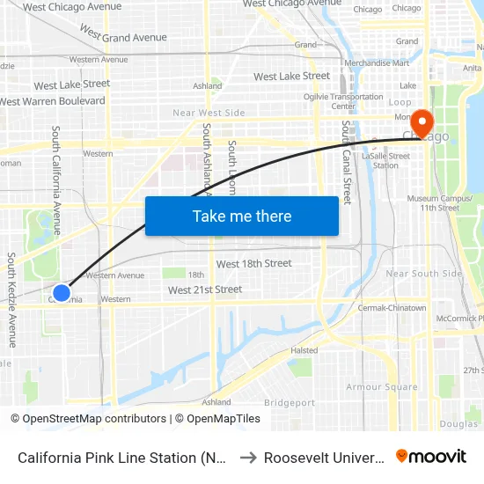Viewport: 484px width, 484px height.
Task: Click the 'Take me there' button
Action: coord(242,216)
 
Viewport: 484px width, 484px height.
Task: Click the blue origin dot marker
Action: coord(62,293)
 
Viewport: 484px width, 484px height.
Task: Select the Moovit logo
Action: coord(431,457)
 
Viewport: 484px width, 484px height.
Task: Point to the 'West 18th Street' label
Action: coord(253,264)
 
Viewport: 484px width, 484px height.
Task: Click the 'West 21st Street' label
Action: coord(204,290)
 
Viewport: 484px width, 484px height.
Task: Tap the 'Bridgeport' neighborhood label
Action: coord(289,403)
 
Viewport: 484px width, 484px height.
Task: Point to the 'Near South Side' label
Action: coord(424,274)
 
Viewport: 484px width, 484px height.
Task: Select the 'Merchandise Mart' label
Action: coord(377,63)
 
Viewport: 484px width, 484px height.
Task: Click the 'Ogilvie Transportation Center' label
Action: coord(356,101)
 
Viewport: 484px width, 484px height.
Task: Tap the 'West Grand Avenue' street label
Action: coord(123,34)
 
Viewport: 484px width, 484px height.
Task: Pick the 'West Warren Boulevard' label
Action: coord(53,101)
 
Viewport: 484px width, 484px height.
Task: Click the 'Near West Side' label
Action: coord(209,113)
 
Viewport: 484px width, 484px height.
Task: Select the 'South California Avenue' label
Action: coord(56,180)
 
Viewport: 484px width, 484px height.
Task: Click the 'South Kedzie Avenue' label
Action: coord(12,299)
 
